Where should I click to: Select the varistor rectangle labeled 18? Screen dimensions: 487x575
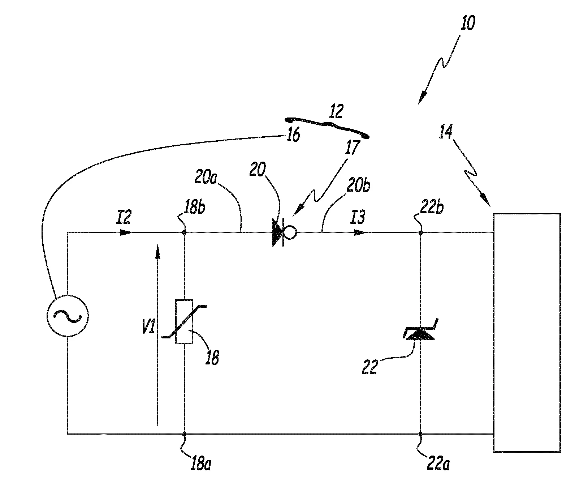(184, 321)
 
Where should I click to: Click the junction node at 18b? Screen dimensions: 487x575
(184, 233)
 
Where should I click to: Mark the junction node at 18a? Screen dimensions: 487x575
(184, 434)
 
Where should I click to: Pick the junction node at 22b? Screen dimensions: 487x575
(420, 233)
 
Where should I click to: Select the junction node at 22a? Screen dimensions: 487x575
(420, 434)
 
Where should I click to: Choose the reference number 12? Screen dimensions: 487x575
(336, 112)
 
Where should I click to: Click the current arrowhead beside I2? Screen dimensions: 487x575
(126, 232)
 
